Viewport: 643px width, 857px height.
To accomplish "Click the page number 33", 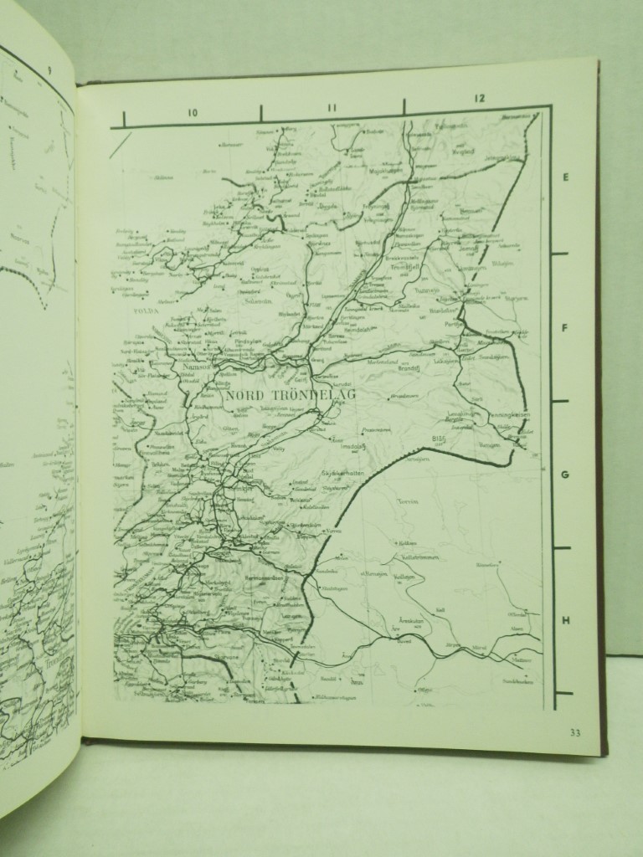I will (x=574, y=734).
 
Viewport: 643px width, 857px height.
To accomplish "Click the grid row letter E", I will (x=565, y=177).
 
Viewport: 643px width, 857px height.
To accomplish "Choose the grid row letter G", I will (x=565, y=474).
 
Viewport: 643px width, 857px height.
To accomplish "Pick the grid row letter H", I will (x=566, y=620).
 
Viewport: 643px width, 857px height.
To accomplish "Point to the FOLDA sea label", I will (x=146, y=308).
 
